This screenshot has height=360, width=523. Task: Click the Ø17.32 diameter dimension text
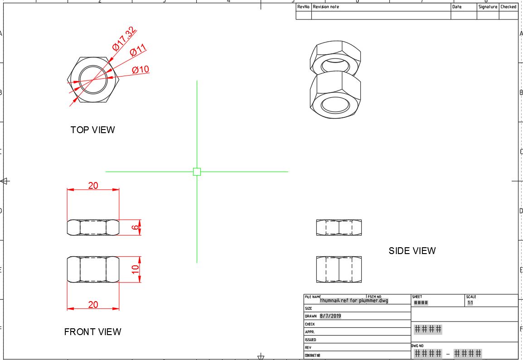[x=124, y=38]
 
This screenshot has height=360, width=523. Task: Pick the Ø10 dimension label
[x=140, y=70]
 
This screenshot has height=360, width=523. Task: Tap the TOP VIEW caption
[x=92, y=130]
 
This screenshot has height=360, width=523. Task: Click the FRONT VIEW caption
[x=92, y=332]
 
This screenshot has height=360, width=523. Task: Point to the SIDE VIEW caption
[x=412, y=251]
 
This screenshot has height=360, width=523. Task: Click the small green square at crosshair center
[x=197, y=172]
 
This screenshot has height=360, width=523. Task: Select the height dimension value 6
[x=135, y=227]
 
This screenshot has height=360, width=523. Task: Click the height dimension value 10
[x=135, y=269]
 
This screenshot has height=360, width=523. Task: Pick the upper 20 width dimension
[x=93, y=186]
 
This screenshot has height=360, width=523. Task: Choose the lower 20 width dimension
[x=93, y=305]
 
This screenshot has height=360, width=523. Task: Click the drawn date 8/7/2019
[x=330, y=316]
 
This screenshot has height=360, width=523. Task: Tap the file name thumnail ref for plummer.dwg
[x=354, y=300]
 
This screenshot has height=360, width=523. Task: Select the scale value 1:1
[x=470, y=302]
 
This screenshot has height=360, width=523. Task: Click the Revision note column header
[x=326, y=7]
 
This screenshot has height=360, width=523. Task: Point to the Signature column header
[x=488, y=7]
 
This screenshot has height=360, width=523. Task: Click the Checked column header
[x=508, y=7]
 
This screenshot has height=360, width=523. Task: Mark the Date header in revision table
[x=457, y=7]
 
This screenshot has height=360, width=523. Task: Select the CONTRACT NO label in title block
[x=313, y=355]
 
